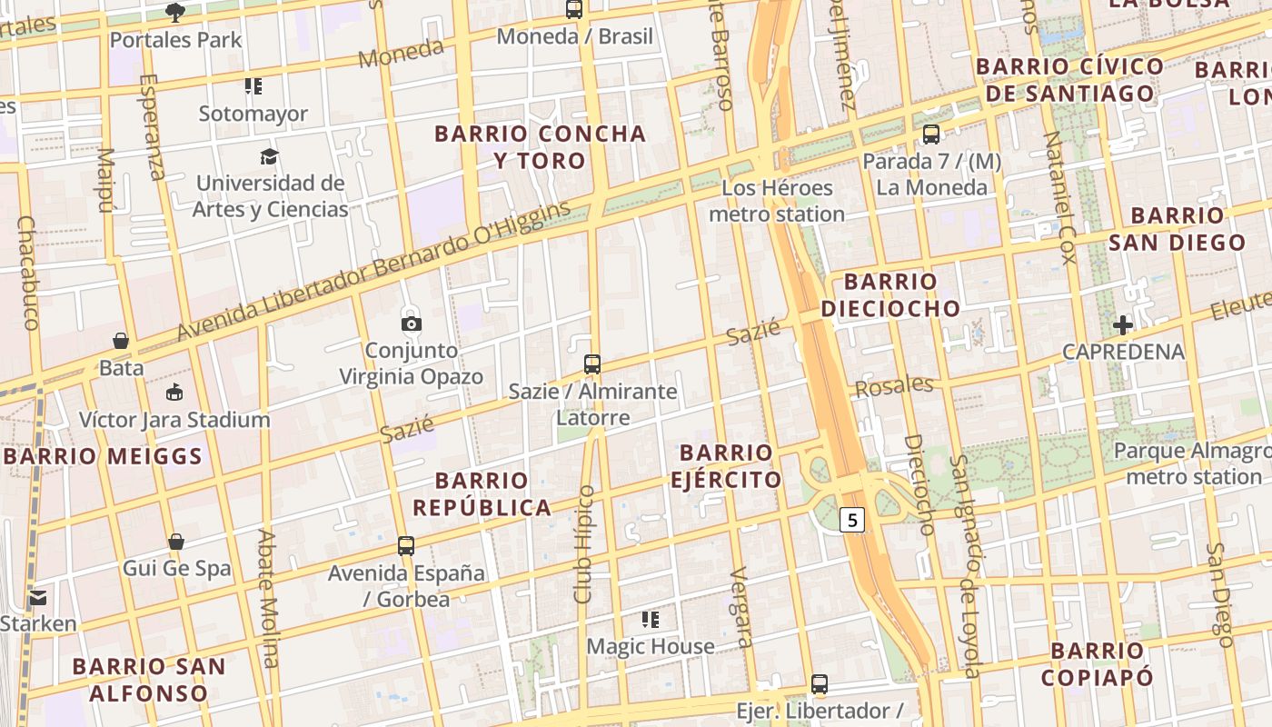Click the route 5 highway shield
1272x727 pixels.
click(x=851, y=520)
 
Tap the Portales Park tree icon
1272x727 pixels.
click(x=175, y=13)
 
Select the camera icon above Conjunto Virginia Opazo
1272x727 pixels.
click(x=411, y=323)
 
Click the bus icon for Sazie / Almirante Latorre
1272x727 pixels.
click(x=592, y=364)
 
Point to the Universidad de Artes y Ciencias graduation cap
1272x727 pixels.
click(x=269, y=157)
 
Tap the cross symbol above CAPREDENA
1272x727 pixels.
click(x=1123, y=324)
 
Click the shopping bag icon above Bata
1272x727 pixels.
click(x=121, y=342)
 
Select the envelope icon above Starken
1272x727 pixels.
click(x=37, y=597)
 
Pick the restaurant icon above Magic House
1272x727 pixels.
click(x=650, y=620)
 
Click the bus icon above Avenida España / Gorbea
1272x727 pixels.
click(x=406, y=546)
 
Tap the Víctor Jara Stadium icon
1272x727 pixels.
click(x=174, y=393)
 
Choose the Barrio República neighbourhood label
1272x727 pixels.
click(x=482, y=493)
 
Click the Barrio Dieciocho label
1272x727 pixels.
click(x=890, y=294)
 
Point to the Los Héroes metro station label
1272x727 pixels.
click(x=777, y=201)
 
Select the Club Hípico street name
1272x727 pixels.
click(x=584, y=544)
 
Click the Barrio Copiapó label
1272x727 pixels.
click(x=1098, y=663)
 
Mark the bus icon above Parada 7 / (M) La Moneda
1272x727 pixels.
click(x=931, y=134)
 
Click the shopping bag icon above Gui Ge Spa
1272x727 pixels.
click(x=176, y=542)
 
